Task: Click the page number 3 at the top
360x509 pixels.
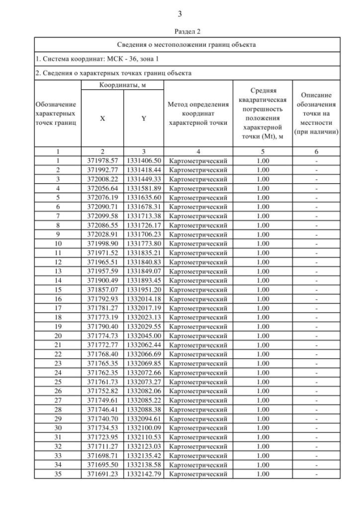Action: point(179,13)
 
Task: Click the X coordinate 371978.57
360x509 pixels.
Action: point(102,161)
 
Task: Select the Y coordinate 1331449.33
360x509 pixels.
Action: point(143,178)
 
